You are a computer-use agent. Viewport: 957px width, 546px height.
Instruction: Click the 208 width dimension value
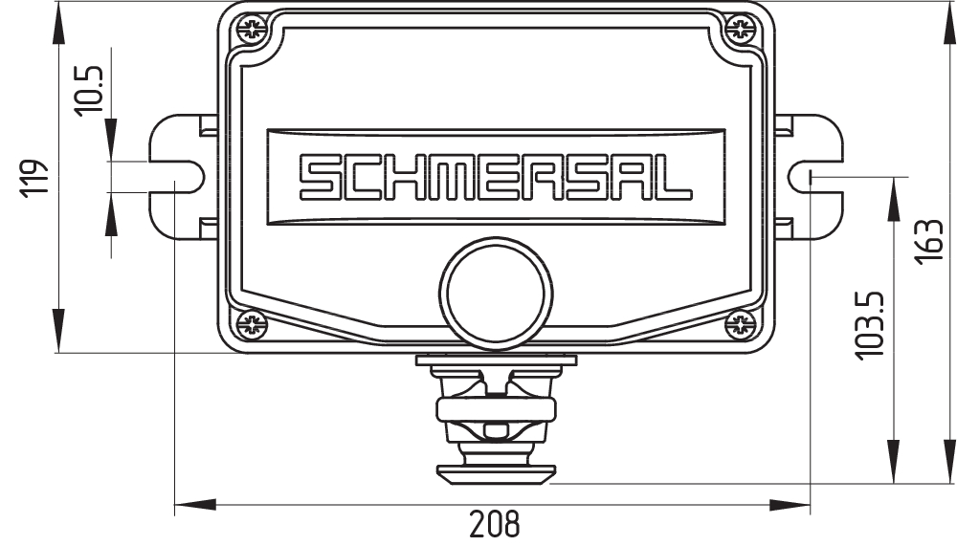(495, 524)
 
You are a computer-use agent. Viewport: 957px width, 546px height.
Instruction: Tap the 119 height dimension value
(33, 178)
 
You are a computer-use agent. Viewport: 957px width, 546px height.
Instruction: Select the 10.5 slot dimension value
(89, 90)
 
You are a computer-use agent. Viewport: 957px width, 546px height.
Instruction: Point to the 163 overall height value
(929, 241)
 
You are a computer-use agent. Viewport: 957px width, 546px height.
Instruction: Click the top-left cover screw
(252, 28)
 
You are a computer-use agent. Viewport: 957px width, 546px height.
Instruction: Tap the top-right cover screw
(741, 28)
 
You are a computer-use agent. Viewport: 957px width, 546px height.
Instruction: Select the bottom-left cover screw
(252, 324)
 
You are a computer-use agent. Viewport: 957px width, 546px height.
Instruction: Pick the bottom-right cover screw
(741, 324)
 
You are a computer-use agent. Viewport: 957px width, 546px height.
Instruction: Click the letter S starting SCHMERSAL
(318, 178)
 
